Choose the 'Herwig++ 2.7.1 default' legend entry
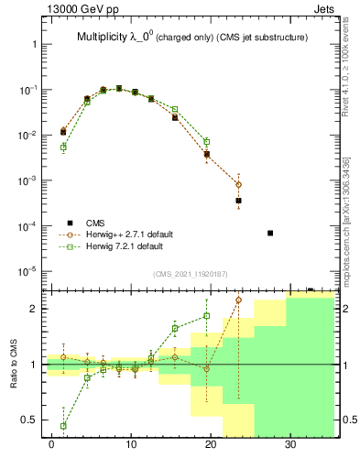pyautogui.click(x=125, y=234)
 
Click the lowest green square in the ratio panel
pyautogui.click(x=63, y=426)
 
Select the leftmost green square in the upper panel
pyautogui.click(x=63, y=147)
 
